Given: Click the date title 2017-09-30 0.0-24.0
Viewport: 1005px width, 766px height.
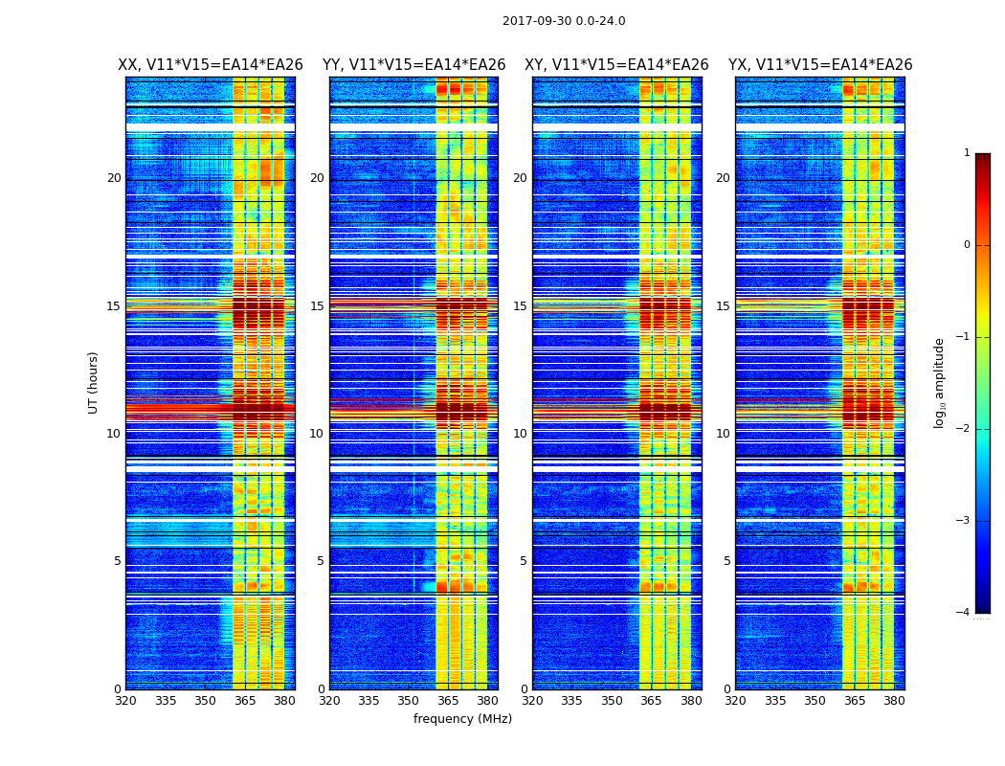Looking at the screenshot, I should pos(564,21).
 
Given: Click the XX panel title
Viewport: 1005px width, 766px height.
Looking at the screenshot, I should pos(211,65).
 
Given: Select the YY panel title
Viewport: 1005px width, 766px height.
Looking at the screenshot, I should pos(413,65).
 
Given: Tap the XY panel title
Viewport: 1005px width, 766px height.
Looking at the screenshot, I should pos(616,65).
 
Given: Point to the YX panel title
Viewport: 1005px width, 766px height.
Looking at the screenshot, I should pos(820,65).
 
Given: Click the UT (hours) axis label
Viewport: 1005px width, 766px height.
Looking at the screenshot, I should pos(94,382).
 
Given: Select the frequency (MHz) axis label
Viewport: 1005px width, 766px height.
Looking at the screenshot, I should pos(462,719).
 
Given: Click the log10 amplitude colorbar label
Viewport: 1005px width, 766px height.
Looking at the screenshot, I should pos(940,382).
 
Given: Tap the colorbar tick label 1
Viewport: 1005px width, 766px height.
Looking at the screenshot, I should pos(967,153).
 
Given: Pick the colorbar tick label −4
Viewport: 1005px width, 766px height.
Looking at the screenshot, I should pos(964,613).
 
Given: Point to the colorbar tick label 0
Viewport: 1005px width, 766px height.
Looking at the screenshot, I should pos(967,245).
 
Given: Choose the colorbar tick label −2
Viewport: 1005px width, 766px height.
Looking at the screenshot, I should pos(964,429).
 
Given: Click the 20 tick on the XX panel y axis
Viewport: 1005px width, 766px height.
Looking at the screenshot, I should pos(114,178).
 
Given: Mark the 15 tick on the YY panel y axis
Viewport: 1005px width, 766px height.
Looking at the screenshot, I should pos(317,306).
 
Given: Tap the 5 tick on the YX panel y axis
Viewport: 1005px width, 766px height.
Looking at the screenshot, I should pos(727,561).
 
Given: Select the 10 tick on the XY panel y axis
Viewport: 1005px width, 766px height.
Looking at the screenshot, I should pos(520,434).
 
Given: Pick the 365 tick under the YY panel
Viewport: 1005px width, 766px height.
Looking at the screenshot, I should pos(448,701).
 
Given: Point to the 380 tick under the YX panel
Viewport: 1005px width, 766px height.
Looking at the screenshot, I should pos(894,701).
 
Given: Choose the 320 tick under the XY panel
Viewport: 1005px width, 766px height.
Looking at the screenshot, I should pos(532,701).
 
